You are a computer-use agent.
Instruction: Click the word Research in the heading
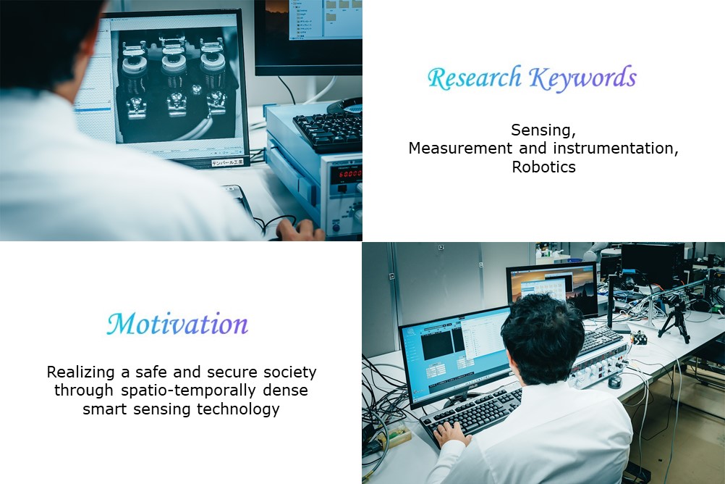point(475,78)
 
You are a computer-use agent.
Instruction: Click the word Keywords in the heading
point(583,78)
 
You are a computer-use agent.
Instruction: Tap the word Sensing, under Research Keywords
point(543,130)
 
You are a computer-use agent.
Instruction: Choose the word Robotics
point(544,167)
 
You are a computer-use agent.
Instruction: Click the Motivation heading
point(177,324)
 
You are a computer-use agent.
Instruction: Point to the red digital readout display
point(349,174)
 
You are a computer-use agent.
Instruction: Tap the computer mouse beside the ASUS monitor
point(614,382)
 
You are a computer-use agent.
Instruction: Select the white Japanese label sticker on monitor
point(230,162)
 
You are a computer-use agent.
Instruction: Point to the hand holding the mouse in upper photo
point(300,229)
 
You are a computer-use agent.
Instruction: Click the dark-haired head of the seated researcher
point(542,339)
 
